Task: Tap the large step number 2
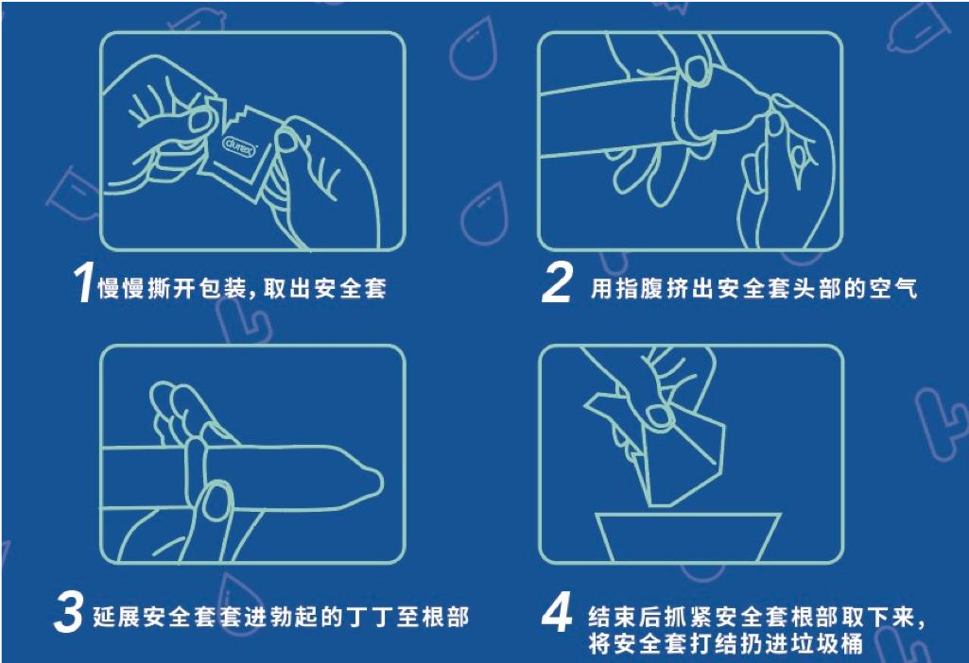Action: point(557,284)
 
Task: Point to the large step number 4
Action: point(557,615)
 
